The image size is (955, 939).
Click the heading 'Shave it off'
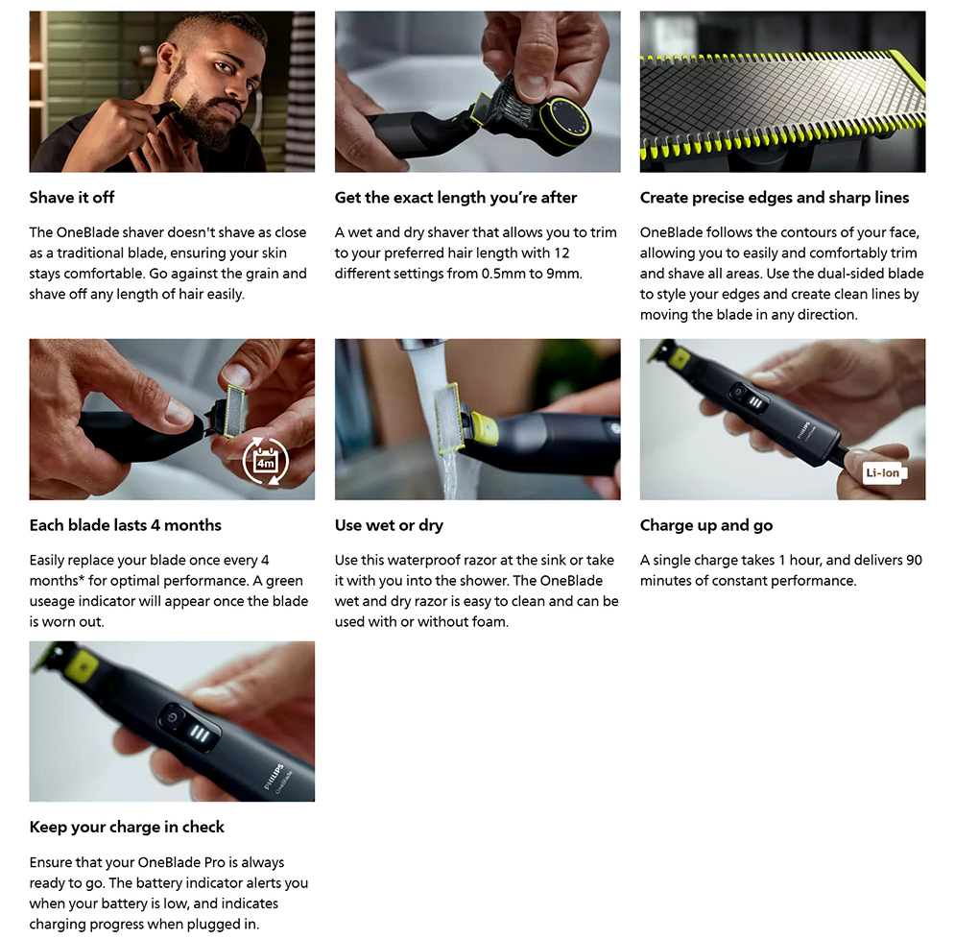(x=72, y=198)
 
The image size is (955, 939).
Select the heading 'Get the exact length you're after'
(x=456, y=198)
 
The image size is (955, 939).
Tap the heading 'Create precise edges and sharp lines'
(x=775, y=198)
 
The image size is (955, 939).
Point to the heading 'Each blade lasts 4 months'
(x=126, y=525)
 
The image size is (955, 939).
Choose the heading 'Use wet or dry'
(x=389, y=525)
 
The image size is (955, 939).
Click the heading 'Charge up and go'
(x=706, y=525)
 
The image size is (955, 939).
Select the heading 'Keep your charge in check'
(x=127, y=827)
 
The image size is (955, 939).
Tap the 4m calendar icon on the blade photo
(x=266, y=462)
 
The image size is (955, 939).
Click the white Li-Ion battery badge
(x=884, y=472)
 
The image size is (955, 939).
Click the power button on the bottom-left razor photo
(x=173, y=716)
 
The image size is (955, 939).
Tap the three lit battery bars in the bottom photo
(x=200, y=734)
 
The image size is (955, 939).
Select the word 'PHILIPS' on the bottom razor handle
(x=275, y=777)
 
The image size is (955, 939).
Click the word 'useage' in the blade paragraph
(x=51, y=601)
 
